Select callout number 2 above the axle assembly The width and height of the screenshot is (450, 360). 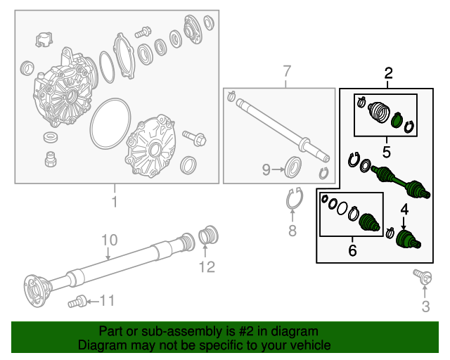pos(387,72)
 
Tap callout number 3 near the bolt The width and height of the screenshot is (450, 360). pos(425,306)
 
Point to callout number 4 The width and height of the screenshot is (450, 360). pos(404,208)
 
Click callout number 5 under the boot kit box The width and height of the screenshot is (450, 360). pos(386,150)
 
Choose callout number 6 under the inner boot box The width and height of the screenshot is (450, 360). pos(352,250)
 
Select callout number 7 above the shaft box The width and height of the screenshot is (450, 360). pos(286,70)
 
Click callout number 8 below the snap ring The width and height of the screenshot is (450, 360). pos(292,231)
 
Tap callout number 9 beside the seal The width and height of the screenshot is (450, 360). pos(266,169)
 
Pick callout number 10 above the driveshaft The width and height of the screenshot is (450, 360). pos(108,241)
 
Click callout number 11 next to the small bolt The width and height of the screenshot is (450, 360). pos(106,301)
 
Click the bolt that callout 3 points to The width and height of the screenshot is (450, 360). pos(423,278)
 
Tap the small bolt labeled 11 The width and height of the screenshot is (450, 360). pos(76,302)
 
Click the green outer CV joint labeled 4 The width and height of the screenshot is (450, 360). pos(406,239)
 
